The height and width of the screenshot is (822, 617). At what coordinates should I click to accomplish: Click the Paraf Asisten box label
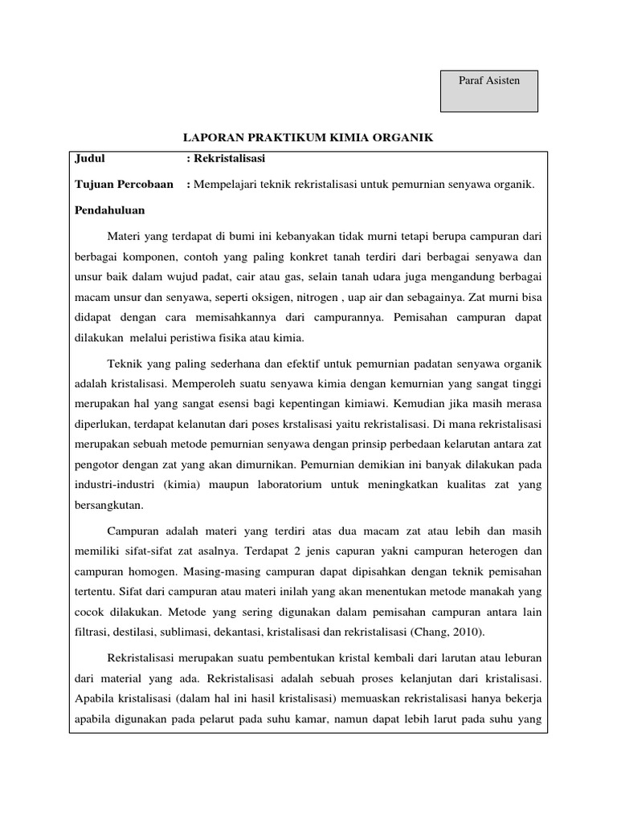[x=489, y=80]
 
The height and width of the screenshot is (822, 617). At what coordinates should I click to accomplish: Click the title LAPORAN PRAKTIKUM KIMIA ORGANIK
[x=309, y=138]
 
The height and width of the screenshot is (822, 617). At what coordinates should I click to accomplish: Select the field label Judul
[x=90, y=159]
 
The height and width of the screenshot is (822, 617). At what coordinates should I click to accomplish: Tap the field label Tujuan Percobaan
[x=125, y=184]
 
